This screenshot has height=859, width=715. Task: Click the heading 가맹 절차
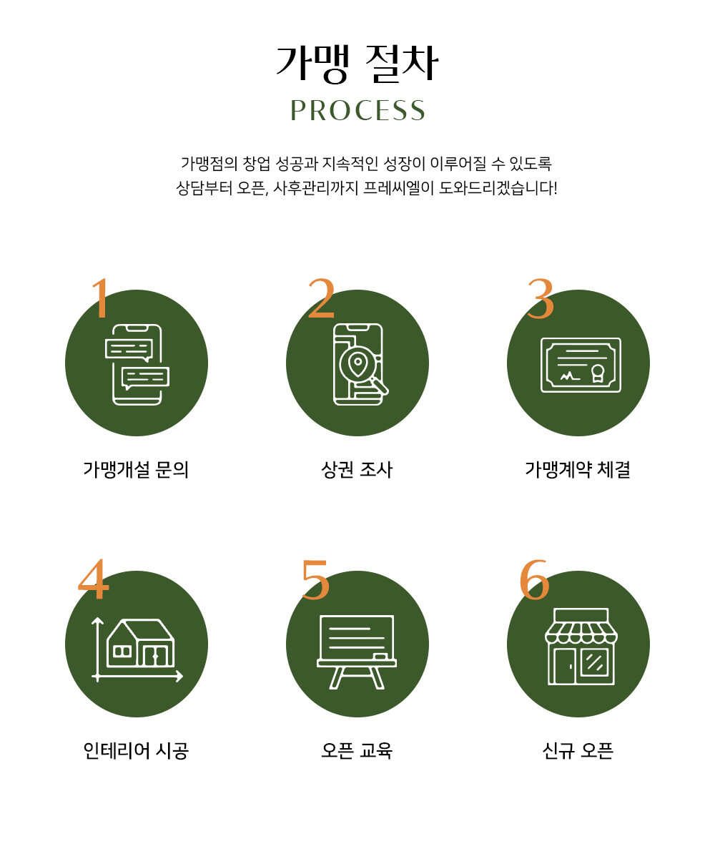click(357, 64)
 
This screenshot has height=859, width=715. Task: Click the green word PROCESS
click(357, 111)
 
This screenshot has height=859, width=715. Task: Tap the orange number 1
click(100, 298)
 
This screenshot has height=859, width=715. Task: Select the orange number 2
click(321, 298)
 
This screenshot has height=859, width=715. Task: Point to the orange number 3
click(540, 298)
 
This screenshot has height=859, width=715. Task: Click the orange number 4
click(94, 579)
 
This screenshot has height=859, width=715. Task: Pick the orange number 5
click(315, 579)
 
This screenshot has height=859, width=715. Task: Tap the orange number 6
click(534, 579)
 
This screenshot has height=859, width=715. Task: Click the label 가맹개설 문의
click(136, 470)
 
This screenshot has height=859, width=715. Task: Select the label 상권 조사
click(357, 470)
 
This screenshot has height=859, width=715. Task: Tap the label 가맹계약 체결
click(578, 470)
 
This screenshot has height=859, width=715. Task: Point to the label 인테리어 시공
click(136, 751)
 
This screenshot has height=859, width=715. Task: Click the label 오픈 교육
click(357, 751)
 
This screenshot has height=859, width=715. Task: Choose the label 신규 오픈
click(578, 751)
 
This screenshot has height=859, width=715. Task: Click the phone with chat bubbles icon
click(137, 365)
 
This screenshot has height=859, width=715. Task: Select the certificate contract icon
click(581, 365)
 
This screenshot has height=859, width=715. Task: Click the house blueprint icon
click(137, 649)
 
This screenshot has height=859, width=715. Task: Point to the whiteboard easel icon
click(357, 652)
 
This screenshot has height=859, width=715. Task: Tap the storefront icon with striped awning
click(581, 647)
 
